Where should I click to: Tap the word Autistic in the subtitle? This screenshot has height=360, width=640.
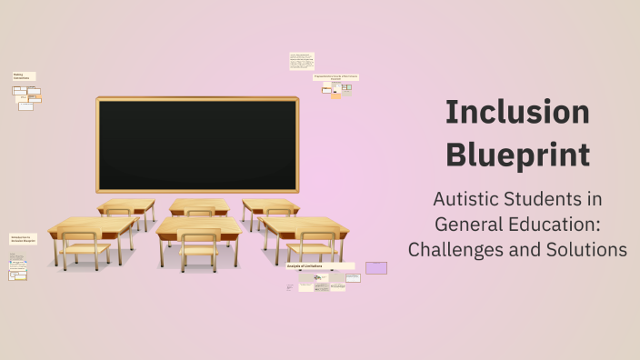tap(466, 199)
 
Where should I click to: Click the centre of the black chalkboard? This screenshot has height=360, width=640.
tap(197, 145)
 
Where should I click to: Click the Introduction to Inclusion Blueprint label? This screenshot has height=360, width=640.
tap(23, 239)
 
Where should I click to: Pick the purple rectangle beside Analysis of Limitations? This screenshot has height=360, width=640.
tap(376, 268)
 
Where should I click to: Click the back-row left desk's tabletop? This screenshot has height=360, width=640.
tap(126, 205)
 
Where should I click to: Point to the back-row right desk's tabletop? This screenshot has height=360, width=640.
tap(270, 204)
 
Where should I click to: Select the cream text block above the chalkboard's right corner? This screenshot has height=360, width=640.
tap(302, 61)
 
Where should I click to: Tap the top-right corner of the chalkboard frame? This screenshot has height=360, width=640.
tap(296, 98)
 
